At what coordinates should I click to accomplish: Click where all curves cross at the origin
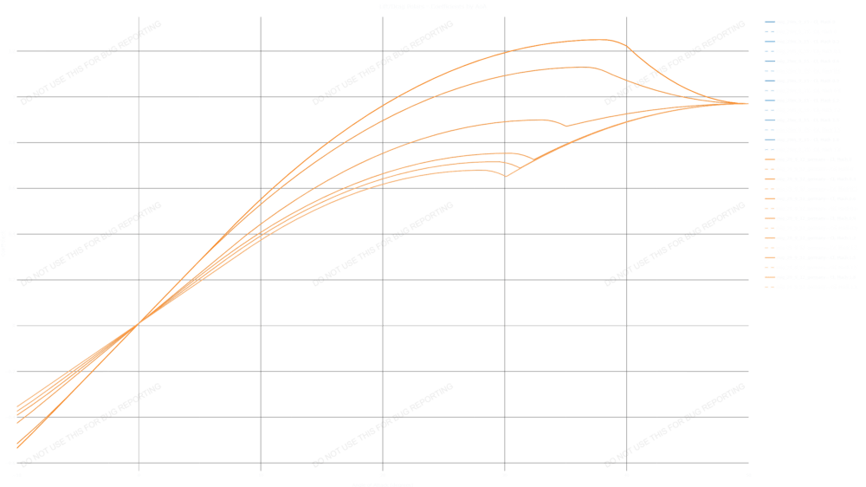(139, 324)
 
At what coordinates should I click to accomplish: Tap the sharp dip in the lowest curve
(506, 176)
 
